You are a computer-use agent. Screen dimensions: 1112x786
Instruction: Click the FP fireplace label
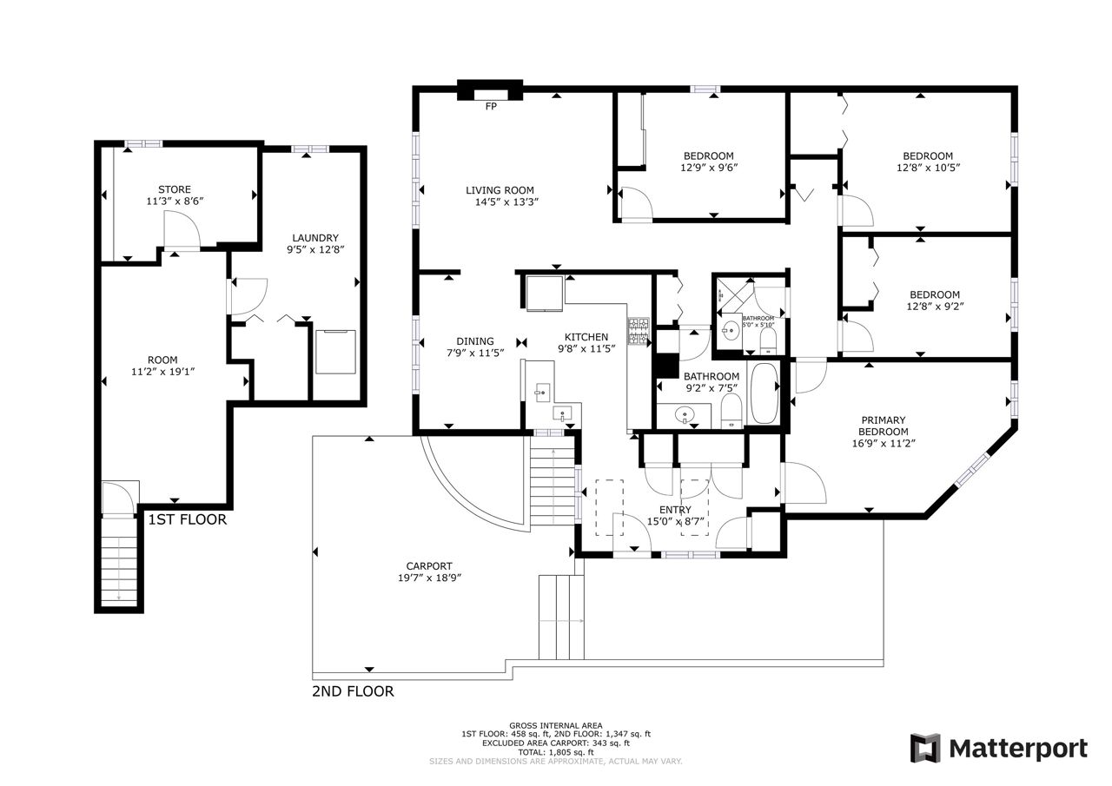coord(491,106)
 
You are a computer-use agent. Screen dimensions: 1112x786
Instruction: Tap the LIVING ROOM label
coord(500,190)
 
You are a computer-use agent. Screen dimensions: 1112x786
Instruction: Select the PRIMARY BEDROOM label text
coord(884,426)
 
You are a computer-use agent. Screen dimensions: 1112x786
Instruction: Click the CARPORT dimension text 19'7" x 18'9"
coord(429,578)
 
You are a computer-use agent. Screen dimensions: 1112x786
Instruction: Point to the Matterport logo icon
coord(925,748)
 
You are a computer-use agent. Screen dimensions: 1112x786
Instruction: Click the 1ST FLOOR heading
coord(187,519)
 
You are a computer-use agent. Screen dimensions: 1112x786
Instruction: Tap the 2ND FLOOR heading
coord(353,691)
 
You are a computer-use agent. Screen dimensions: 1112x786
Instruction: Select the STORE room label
coord(175,189)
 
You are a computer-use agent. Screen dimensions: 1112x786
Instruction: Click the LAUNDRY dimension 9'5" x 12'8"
coord(315,249)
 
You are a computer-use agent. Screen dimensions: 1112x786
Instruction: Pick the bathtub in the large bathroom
coord(764,393)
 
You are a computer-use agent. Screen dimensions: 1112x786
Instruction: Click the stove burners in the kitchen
coord(639,332)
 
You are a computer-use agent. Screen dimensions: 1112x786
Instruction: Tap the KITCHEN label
coord(586,337)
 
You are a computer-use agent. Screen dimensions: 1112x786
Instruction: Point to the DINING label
coord(475,341)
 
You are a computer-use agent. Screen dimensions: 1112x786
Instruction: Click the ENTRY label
coord(675,510)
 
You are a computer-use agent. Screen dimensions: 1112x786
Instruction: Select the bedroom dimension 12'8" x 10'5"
coord(929,168)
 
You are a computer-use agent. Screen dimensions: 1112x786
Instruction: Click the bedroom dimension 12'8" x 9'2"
coord(936,307)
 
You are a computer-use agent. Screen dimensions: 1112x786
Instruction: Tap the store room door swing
coord(182,228)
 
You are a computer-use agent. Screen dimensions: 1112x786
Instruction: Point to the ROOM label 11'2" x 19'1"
coord(162,366)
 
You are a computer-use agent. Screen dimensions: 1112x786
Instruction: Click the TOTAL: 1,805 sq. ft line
coord(556,752)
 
